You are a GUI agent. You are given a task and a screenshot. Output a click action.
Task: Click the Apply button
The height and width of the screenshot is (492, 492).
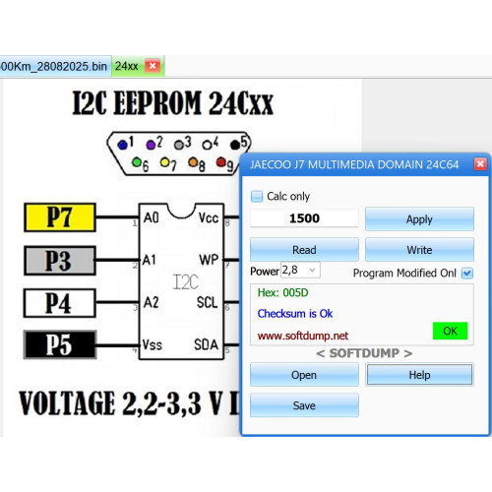419,218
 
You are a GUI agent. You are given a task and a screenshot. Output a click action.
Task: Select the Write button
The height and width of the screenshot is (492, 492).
419,250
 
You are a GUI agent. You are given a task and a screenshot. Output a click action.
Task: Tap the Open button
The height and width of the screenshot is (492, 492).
304,375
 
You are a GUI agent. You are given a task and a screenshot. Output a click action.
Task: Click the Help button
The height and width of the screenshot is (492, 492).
419,375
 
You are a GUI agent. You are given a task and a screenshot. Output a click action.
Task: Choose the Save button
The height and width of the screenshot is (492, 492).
304,405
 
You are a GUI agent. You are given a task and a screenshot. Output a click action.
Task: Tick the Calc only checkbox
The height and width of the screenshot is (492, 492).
257,196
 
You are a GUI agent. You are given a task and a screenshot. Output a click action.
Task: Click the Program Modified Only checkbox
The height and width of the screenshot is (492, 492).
467,273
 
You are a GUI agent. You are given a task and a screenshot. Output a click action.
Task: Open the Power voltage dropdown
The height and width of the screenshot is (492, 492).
300,270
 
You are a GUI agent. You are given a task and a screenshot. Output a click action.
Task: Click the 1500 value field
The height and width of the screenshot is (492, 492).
304,218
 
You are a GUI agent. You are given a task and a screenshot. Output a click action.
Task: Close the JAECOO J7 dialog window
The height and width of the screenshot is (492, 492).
480,163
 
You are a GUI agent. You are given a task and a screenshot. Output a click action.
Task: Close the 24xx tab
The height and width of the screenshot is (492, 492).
153,66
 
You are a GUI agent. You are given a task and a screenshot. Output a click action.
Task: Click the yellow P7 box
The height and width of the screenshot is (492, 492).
60,217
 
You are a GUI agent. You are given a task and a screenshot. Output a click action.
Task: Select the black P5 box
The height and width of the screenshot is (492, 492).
60,344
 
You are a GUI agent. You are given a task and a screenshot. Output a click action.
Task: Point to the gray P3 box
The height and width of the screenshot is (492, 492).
60,261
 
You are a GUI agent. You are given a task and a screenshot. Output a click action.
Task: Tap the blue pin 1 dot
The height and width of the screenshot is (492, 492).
122,145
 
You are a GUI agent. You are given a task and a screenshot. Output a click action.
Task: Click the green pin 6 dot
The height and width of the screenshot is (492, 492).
137,162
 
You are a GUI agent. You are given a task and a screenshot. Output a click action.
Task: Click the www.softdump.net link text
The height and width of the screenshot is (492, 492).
303,336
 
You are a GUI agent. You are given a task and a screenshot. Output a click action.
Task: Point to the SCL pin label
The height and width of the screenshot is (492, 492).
207,302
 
